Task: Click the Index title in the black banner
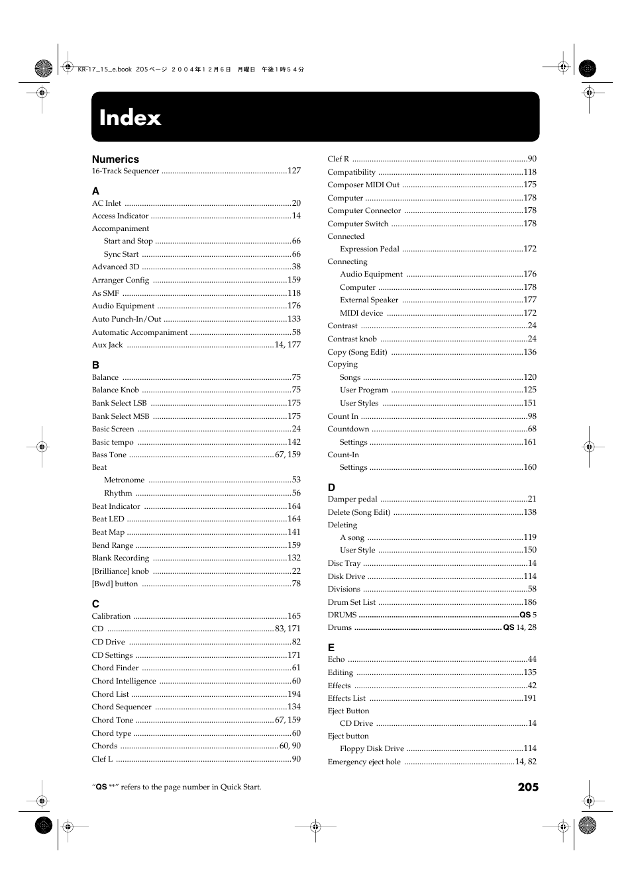coord(130,118)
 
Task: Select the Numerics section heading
coord(115,159)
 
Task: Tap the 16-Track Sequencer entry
coord(125,171)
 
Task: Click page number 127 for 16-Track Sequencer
coord(293,171)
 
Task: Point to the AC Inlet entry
coord(107,204)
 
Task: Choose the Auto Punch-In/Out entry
coord(127,319)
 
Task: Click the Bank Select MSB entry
coord(121,416)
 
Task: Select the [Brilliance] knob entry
coord(120,571)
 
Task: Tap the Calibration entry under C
coord(111,616)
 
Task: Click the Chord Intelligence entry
coord(124,681)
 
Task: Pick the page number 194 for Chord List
coord(293,694)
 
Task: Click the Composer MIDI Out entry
coord(363,185)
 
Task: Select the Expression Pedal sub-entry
coord(369,249)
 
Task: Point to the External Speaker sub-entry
coord(368,300)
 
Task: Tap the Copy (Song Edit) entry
coord(357,353)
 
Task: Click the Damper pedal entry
coord(352,500)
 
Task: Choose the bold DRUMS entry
coord(342,615)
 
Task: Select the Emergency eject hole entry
coord(364,762)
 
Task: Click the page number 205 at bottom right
coord(528,787)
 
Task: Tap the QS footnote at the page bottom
coord(176,787)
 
